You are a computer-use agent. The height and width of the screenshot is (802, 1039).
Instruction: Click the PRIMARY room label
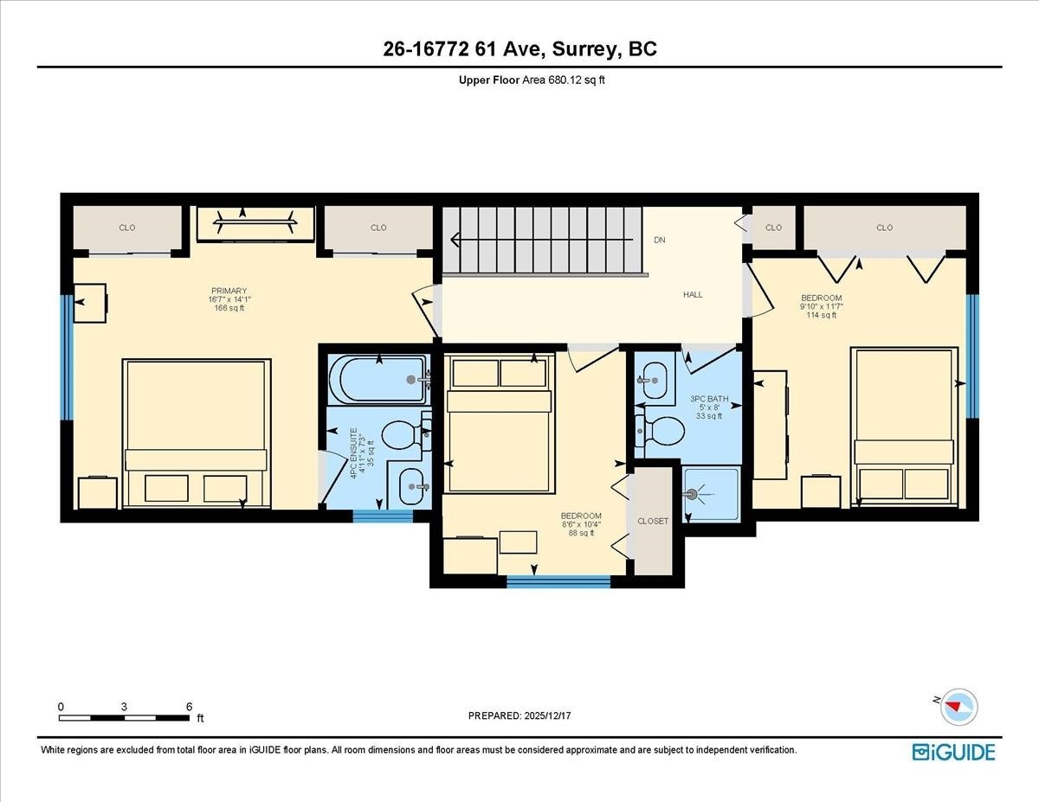point(229,291)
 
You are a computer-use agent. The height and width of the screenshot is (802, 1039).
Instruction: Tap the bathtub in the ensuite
point(378,380)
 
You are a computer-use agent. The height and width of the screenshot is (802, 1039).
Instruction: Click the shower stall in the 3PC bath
point(712,494)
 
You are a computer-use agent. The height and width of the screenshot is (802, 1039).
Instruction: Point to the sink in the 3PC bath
point(654,378)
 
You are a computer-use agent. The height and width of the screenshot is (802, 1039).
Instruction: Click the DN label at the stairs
point(660,240)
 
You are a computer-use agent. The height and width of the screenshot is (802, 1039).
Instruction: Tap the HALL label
point(693,295)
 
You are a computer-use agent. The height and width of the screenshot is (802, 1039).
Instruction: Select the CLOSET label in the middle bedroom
point(653,522)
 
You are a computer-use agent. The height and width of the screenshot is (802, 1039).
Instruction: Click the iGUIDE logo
point(953,752)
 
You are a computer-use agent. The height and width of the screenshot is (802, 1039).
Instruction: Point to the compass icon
point(958,705)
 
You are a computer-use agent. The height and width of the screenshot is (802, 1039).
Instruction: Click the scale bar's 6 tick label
point(189,706)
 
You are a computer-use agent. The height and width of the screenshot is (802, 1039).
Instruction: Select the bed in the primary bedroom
point(197,433)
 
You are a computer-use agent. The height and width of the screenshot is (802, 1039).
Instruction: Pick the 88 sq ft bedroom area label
point(580,533)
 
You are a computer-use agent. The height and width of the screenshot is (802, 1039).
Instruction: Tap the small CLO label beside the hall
point(773,228)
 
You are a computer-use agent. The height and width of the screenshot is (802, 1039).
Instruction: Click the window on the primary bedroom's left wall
point(66,357)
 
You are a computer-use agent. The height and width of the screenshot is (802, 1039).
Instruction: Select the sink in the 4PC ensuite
point(408,488)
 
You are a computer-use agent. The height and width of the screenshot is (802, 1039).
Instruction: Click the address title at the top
point(519,49)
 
